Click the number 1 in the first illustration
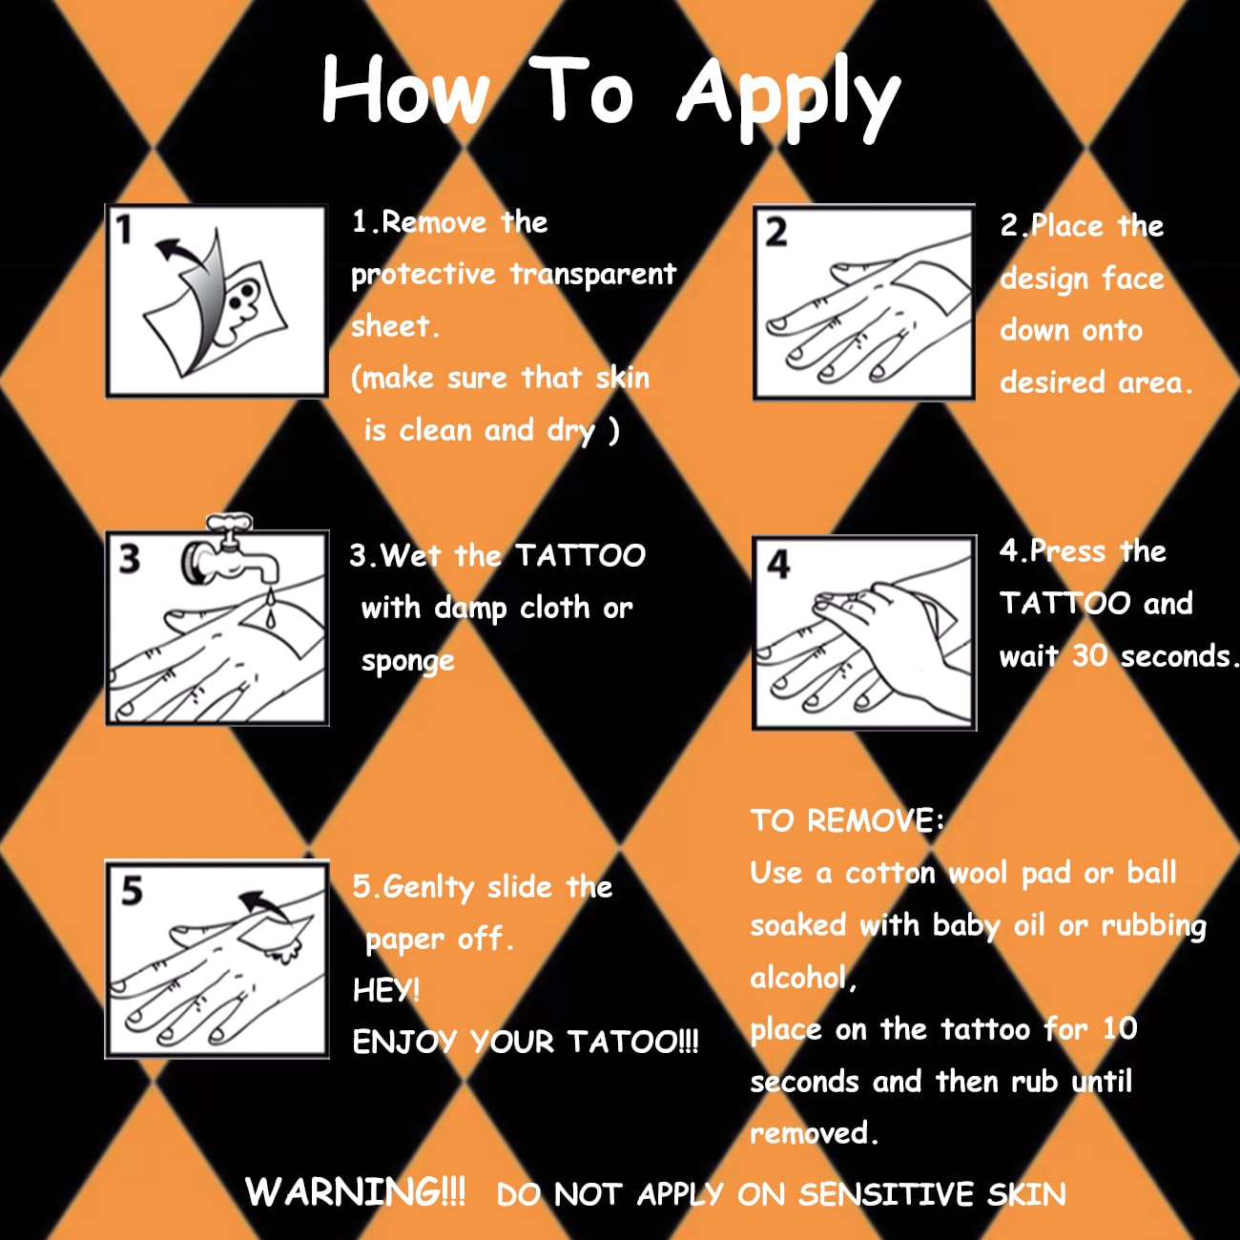click(x=124, y=230)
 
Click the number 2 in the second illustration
click(x=776, y=233)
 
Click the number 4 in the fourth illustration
click(x=778, y=565)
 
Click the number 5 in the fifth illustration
click(x=132, y=891)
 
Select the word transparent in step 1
click(x=593, y=275)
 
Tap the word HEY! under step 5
click(x=386, y=990)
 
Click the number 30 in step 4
click(x=1089, y=655)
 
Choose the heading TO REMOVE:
click(x=847, y=820)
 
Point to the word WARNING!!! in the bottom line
click(x=355, y=1191)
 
